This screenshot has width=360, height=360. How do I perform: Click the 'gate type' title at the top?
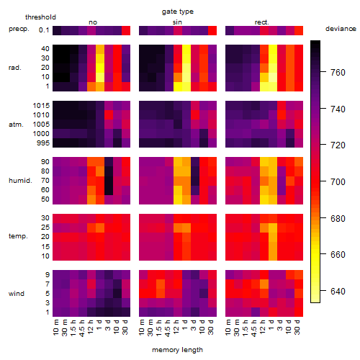(178, 12)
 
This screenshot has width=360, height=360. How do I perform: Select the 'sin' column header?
(177, 22)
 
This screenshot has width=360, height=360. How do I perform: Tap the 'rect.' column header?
(261, 22)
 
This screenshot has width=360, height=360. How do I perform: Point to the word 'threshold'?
(40, 17)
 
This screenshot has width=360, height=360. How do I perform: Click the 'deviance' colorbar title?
(341, 29)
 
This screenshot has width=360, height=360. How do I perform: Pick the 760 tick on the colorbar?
(338, 72)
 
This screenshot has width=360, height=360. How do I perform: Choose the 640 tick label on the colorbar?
(338, 291)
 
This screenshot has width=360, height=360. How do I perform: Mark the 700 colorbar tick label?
(338, 181)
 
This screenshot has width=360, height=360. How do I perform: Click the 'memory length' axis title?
(177, 350)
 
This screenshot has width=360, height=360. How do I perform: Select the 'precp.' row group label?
(19, 29)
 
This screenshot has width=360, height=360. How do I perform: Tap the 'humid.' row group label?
(20, 180)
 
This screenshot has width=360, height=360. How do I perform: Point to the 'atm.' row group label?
(16, 125)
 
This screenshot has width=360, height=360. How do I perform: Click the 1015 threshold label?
(41, 105)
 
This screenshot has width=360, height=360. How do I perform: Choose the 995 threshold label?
(43, 143)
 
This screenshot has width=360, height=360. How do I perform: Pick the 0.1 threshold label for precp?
(44, 30)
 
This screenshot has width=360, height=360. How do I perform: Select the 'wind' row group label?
(17, 294)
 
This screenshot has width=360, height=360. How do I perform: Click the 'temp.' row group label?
(18, 236)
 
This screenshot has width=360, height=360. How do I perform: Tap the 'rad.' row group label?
(15, 68)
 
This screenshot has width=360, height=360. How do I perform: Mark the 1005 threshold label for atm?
(41, 125)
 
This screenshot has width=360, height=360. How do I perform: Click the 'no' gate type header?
(93, 22)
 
